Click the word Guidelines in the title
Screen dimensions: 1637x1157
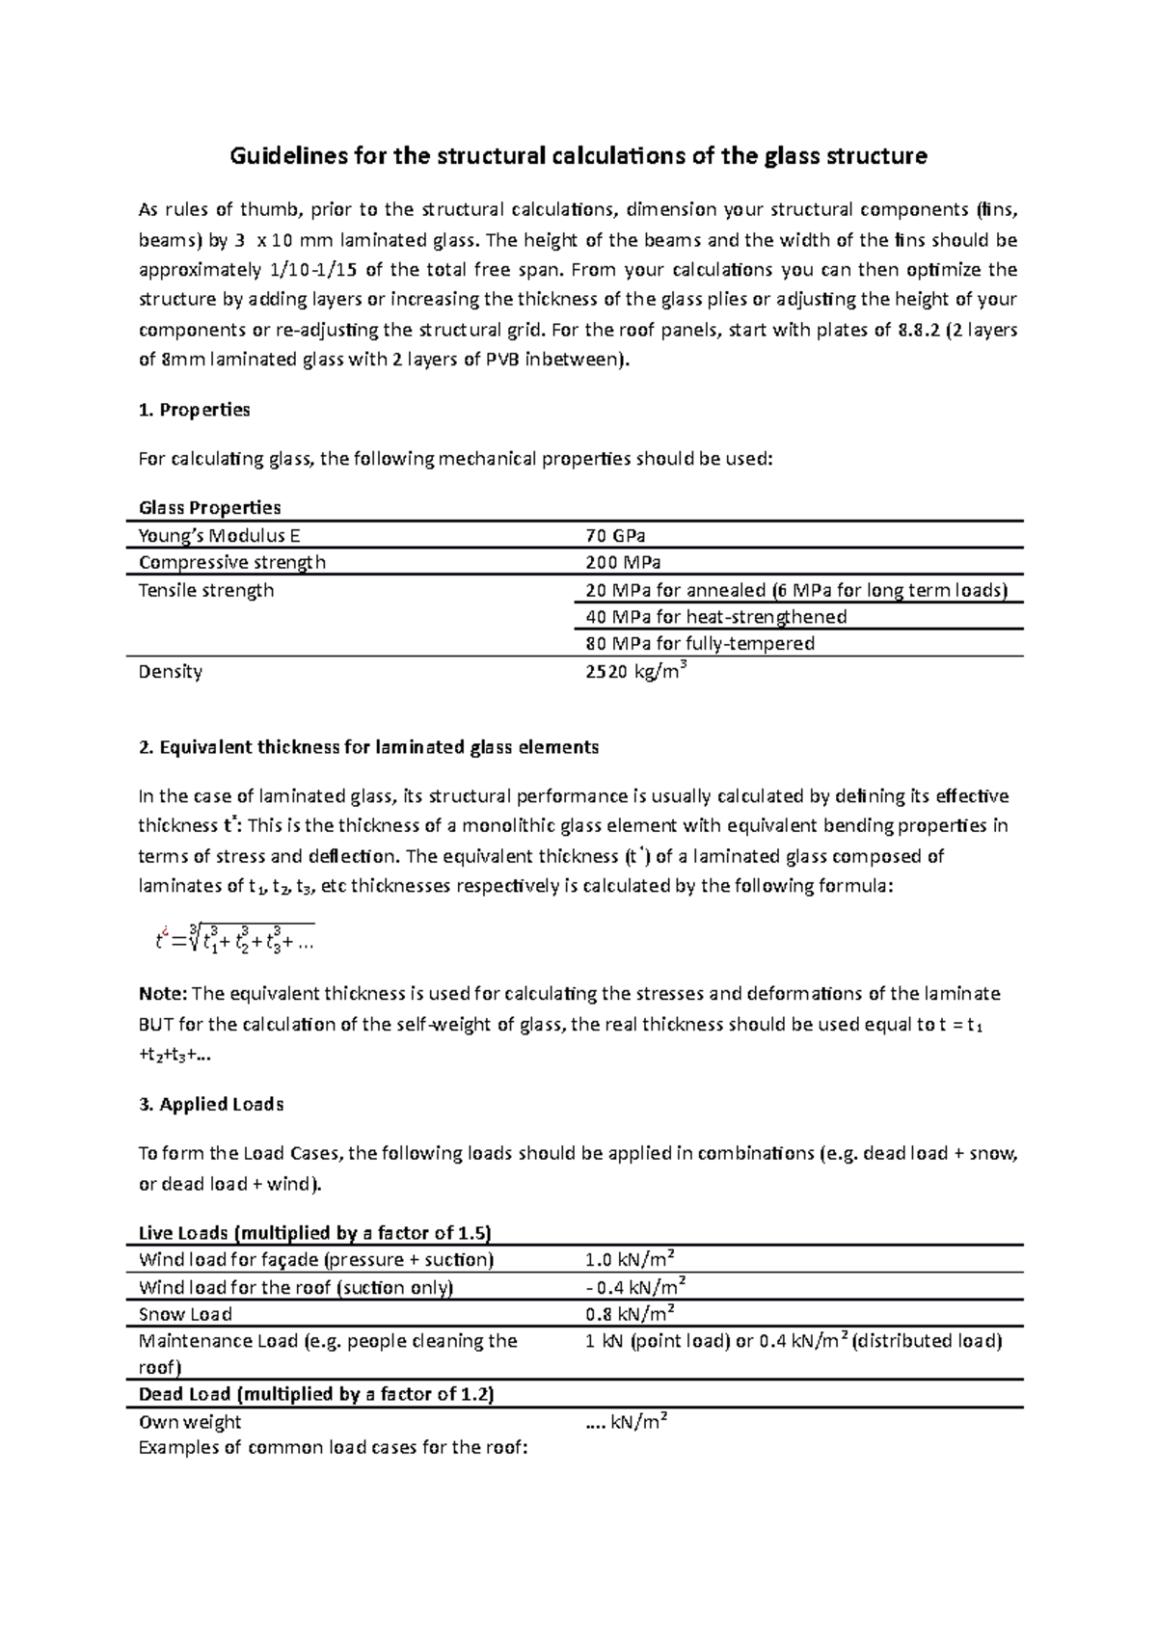[x=278, y=155]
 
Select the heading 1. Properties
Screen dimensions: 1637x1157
[x=195, y=410]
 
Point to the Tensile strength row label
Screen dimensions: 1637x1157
[x=206, y=590]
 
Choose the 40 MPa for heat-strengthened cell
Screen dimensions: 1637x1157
[x=715, y=617]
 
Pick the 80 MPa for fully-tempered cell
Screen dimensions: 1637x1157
[x=700, y=643]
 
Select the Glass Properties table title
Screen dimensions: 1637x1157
[x=210, y=508]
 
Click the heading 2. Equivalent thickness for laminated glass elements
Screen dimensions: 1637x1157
[x=369, y=747]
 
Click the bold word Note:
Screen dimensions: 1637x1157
[x=164, y=994]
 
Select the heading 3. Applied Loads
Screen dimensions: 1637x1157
[x=211, y=1105]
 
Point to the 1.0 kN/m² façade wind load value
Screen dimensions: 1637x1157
[x=629, y=1260]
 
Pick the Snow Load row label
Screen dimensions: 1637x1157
[x=185, y=1314]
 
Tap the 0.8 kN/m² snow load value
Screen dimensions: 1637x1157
[x=629, y=1313]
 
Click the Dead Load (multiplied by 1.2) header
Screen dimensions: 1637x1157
[x=316, y=1394]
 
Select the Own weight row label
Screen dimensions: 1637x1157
[x=190, y=1422]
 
